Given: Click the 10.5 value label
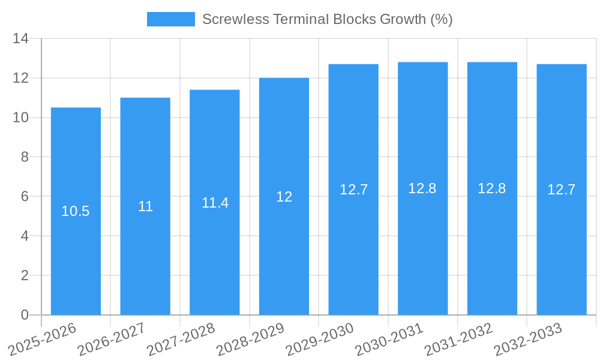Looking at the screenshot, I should tap(76, 211).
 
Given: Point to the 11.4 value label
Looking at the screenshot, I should tap(215, 203).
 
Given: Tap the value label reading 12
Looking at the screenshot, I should tap(284, 197).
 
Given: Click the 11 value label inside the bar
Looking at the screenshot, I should tap(145, 206).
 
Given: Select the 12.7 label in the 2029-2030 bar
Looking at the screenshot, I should tap(353, 190).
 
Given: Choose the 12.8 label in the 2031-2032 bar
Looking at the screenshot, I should tap(492, 188).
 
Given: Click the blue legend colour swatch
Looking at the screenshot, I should tap(170, 19).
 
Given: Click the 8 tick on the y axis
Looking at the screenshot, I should tap(25, 157).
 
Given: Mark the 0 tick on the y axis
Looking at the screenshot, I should tap(25, 315).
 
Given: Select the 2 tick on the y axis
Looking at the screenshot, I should tap(25, 275).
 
